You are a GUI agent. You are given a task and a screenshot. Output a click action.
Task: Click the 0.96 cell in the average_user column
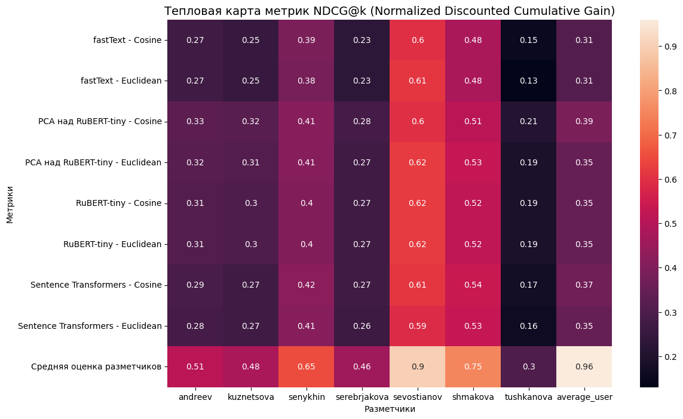(584, 366)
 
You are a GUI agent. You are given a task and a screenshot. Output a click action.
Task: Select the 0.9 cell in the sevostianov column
(417, 366)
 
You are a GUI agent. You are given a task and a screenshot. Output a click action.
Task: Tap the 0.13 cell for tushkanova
(528, 81)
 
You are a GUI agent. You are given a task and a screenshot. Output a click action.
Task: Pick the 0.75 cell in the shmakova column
(473, 366)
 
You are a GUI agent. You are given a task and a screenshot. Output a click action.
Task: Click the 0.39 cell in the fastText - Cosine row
(306, 40)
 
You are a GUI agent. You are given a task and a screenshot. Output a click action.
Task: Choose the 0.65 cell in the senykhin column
(306, 366)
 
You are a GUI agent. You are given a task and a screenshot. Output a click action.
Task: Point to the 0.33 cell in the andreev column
(195, 122)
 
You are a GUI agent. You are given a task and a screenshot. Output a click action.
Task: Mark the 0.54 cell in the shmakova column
(473, 285)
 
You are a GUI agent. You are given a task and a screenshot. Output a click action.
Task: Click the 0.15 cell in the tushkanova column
(528, 40)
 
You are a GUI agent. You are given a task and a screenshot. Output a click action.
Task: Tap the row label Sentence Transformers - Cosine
(96, 285)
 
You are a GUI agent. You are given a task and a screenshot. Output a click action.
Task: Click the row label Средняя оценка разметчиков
(96, 366)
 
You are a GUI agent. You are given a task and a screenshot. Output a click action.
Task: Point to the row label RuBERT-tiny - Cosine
(118, 203)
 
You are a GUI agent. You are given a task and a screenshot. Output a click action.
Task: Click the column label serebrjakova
(362, 397)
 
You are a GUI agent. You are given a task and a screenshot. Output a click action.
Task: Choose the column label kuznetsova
(250, 397)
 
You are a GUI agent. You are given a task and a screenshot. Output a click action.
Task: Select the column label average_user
(584, 397)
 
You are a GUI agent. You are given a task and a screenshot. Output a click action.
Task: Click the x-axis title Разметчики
(390, 409)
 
